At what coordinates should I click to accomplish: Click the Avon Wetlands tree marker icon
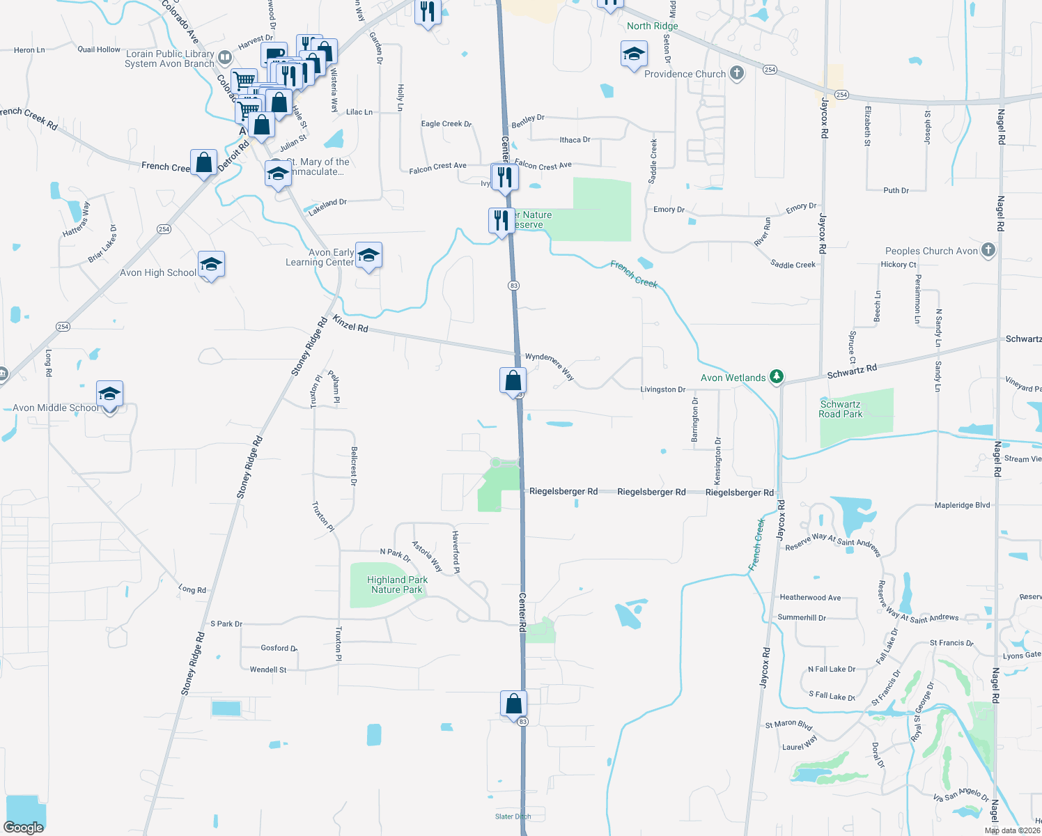(x=777, y=377)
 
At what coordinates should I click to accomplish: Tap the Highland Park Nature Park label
(x=397, y=585)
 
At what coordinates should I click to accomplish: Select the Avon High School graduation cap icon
(x=211, y=265)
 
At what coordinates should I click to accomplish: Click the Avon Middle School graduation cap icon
(x=109, y=394)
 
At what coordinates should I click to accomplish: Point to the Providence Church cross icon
(x=736, y=73)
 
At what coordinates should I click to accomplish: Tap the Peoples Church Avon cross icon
(x=988, y=250)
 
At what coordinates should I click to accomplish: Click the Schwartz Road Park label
(x=840, y=409)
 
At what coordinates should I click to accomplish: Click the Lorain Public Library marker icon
(x=224, y=57)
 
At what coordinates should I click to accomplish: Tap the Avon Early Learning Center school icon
(x=368, y=256)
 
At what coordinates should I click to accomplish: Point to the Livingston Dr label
(x=662, y=389)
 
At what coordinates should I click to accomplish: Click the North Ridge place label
(x=652, y=26)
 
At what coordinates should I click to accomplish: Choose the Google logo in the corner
(x=24, y=827)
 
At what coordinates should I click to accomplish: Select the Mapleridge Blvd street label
(x=962, y=505)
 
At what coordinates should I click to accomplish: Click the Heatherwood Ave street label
(x=810, y=597)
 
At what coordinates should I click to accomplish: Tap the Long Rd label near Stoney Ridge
(x=192, y=589)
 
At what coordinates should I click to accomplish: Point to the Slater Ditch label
(x=513, y=816)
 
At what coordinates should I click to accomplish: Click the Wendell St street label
(x=268, y=669)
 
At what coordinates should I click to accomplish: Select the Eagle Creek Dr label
(x=446, y=124)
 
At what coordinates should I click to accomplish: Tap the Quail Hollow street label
(x=99, y=49)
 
